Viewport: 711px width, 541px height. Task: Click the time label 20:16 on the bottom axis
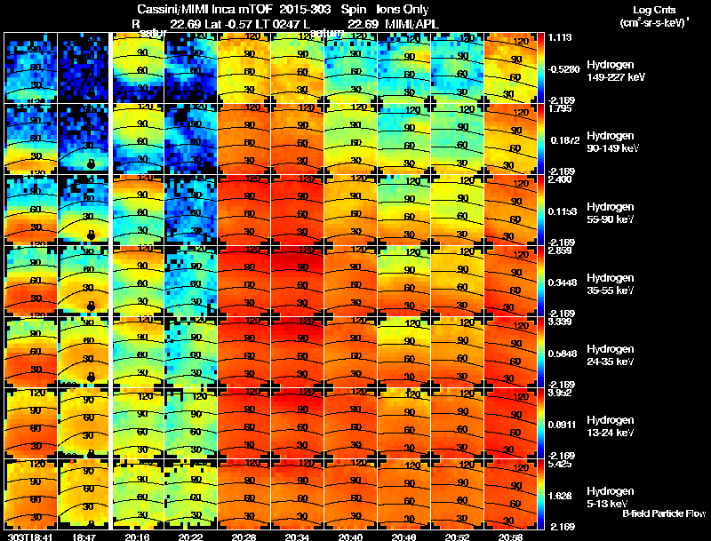[x=138, y=536]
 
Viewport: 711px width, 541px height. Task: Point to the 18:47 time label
[x=83, y=536]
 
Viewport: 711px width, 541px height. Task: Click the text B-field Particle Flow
[x=663, y=513]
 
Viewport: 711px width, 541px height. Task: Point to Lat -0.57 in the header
[x=222, y=22]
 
